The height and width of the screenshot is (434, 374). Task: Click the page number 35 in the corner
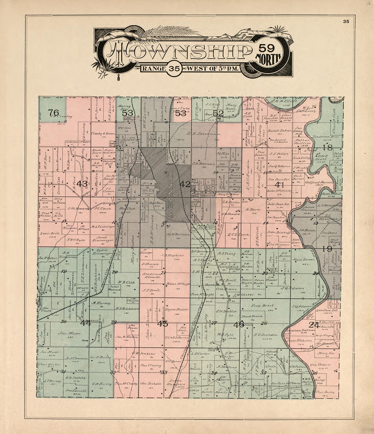click(x=346, y=21)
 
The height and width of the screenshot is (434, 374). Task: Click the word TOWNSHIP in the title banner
click(x=180, y=52)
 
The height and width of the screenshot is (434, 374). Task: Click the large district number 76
click(x=54, y=112)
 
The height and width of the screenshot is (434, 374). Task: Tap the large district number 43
click(x=82, y=184)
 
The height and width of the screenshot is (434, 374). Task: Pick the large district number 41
click(x=279, y=184)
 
